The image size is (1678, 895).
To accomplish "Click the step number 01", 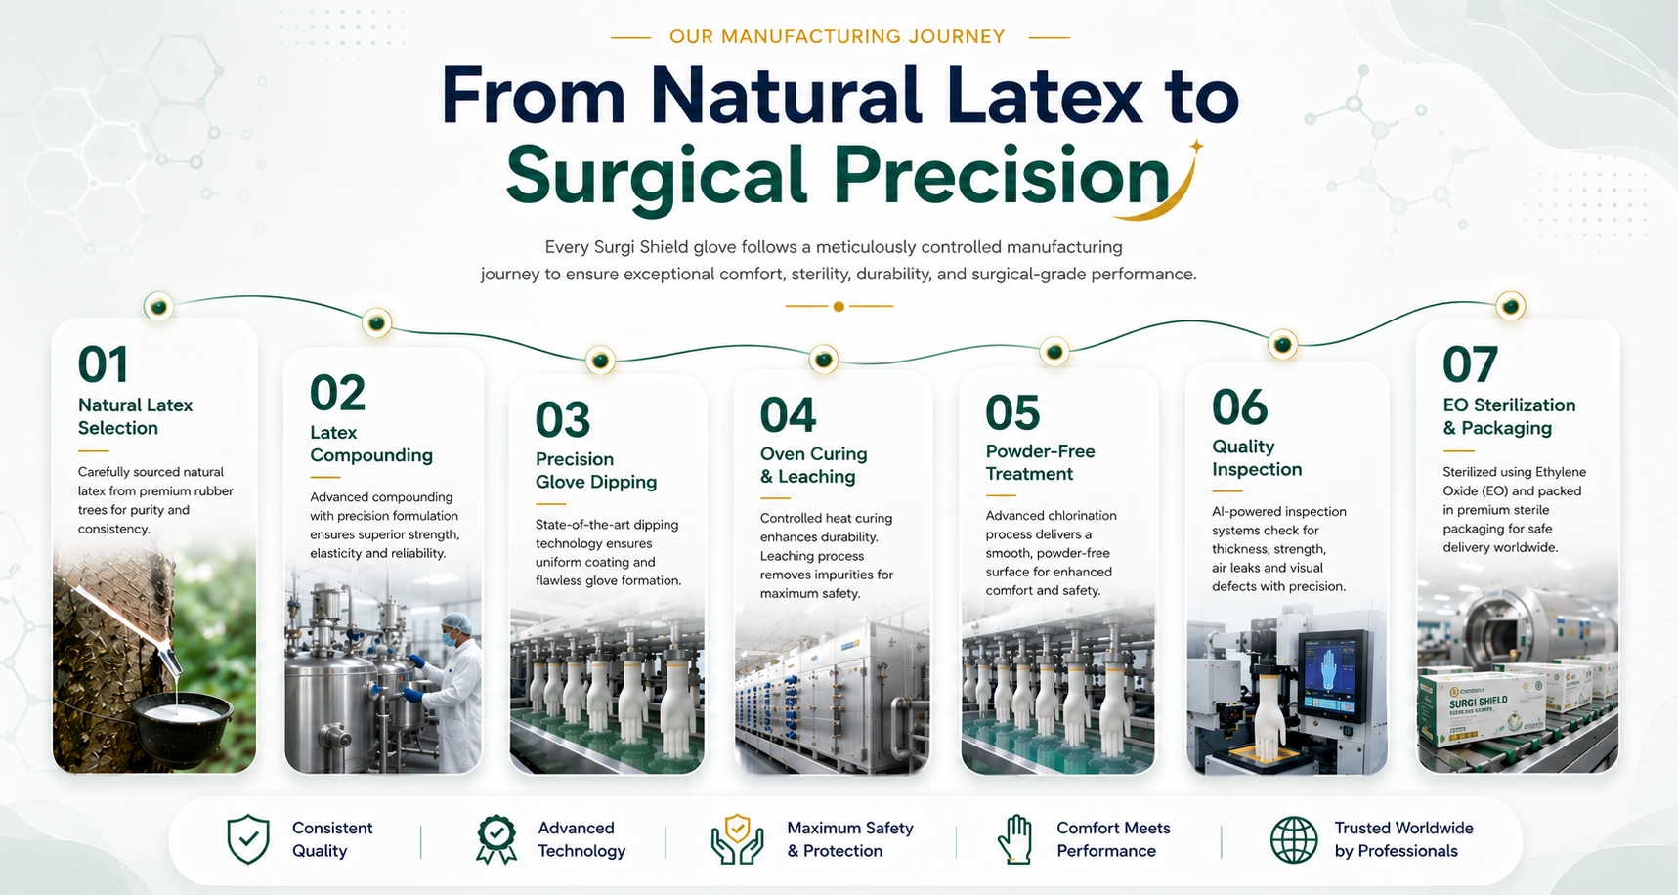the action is coord(103,365).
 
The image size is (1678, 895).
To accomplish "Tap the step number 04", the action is coord(788,415).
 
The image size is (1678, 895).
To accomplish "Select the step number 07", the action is coord(1470,365).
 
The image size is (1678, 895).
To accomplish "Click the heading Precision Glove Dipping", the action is coord(596,470).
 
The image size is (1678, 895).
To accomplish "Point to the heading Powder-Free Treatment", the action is coord(1040,462).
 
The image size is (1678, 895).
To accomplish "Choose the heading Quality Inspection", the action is coord(1257,457).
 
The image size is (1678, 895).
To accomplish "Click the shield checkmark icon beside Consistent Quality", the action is coord(248,839).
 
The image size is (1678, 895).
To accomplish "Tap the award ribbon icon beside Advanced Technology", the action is coord(496,839).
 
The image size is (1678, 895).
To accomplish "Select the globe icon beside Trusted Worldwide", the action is coord(1294,839).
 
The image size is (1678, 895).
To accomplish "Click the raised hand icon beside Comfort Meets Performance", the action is coord(1016,839).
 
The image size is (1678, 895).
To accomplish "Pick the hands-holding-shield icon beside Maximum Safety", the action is coord(737,839).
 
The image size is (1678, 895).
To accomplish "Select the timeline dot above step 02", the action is coord(377,322).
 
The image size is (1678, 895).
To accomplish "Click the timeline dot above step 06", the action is coord(1282,344).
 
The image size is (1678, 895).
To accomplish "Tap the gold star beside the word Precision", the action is coord(1195,147).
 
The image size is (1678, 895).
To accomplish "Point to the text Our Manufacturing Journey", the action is coord(838,36).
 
